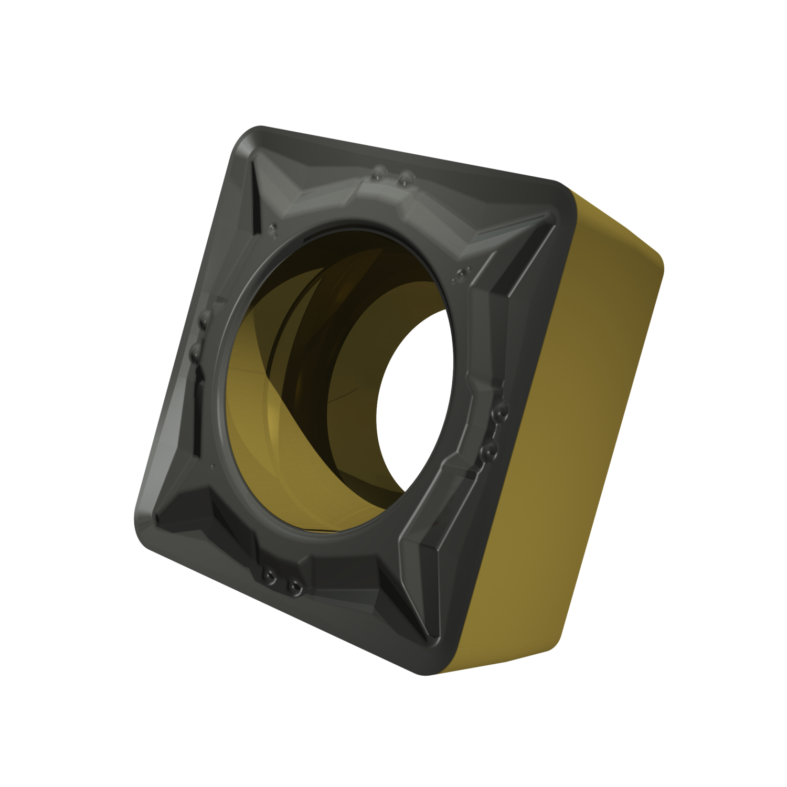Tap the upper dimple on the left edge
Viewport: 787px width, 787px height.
click(205, 316)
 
